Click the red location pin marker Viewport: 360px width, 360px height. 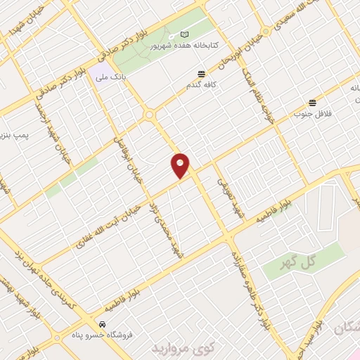point(181,165)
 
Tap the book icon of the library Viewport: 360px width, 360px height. point(184,34)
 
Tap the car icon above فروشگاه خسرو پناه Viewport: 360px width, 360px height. point(103,325)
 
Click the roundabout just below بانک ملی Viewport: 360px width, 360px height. point(149,115)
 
